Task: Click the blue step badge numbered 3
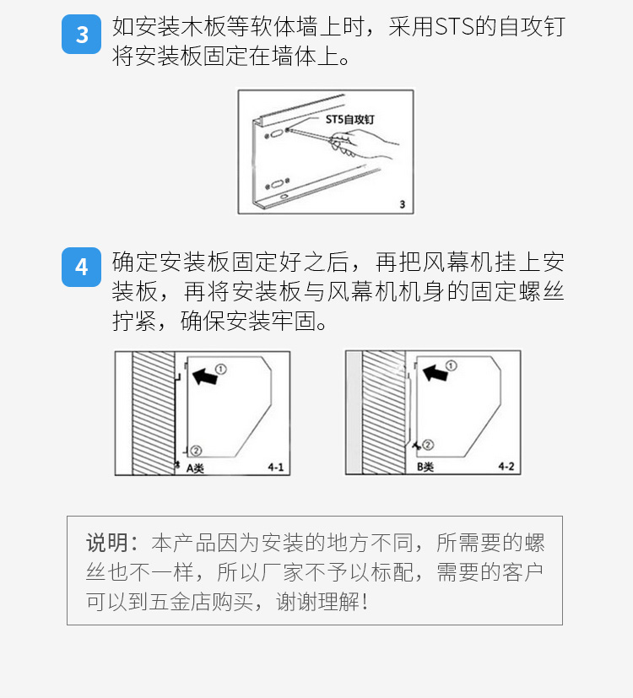pos(82,35)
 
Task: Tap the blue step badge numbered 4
pos(82,267)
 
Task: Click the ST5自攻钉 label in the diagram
pos(350,119)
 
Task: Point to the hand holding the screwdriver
pos(363,144)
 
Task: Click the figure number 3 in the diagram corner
pos(402,204)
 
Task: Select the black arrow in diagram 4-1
pos(205,376)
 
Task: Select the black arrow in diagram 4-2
pos(435,372)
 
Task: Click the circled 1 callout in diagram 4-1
pos(221,369)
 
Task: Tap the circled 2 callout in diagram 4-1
pos(197,451)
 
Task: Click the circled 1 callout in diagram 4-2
pos(451,365)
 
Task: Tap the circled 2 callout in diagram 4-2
pos(428,444)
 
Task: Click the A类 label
pos(195,468)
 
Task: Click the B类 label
pos(425,467)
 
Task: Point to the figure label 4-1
pos(275,468)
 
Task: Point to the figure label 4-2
pos(506,467)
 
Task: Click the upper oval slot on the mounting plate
pos(277,133)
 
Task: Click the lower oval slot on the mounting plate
pos(278,184)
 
